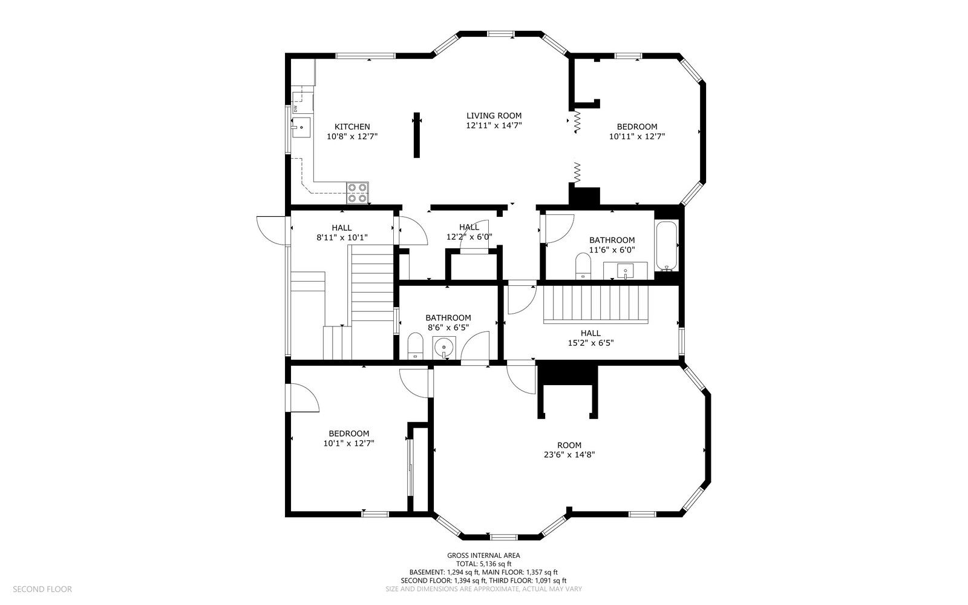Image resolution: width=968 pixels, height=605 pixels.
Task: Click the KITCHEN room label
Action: tap(352, 127)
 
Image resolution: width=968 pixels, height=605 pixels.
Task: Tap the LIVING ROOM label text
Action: tap(494, 116)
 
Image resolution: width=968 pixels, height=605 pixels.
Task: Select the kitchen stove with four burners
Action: tap(358, 193)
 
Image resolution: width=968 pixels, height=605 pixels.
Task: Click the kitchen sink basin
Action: tap(301, 127)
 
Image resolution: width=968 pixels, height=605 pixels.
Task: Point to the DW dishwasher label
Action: tap(296, 108)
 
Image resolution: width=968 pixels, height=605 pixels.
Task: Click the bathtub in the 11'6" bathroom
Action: tap(667, 246)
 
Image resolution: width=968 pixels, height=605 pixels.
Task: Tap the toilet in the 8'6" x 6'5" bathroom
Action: tap(415, 346)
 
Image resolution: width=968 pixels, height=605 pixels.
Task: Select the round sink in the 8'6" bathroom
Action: tap(444, 348)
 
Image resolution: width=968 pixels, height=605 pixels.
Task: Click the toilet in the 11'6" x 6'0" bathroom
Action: tap(583, 266)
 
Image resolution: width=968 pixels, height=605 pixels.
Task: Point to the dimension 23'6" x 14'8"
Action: tap(569, 455)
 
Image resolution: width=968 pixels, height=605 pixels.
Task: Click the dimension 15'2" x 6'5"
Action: tap(590, 343)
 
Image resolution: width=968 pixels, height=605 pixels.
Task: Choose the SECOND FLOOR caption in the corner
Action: tap(42, 589)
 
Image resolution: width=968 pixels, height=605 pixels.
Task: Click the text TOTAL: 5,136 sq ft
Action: tap(483, 564)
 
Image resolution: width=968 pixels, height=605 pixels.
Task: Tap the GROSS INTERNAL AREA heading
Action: tap(483, 556)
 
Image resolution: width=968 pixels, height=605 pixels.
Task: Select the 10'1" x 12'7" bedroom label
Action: tap(348, 438)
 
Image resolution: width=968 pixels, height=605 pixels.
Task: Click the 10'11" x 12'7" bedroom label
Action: tap(637, 131)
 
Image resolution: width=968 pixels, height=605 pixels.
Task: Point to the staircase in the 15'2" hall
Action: tap(596, 305)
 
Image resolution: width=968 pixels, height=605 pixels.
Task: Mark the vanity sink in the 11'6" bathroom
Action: tap(626, 271)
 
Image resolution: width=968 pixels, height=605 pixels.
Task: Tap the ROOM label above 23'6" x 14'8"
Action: tap(569, 446)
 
